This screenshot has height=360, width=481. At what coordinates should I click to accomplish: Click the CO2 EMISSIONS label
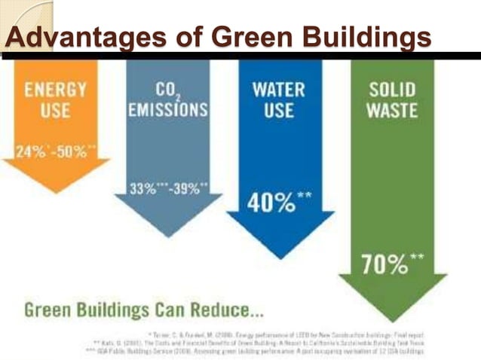click(167, 99)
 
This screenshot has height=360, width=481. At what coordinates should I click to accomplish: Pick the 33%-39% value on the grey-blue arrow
click(167, 188)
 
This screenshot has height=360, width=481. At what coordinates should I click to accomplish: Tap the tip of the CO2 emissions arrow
click(167, 236)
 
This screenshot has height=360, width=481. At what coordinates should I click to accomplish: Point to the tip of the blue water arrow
click(280, 257)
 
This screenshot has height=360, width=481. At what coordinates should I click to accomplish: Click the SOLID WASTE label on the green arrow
click(392, 99)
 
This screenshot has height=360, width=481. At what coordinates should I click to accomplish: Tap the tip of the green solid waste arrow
click(392, 319)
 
